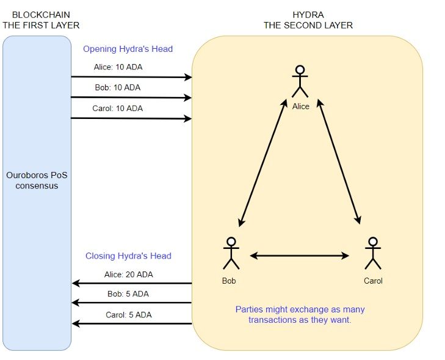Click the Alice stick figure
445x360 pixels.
point(300,81)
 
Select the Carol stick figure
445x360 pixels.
point(373,253)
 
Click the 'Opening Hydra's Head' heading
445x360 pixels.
point(128,49)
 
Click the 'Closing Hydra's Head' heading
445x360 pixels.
point(128,256)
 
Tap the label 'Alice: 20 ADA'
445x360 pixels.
point(129,275)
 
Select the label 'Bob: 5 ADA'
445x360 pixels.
point(129,294)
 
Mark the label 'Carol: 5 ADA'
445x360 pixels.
point(129,315)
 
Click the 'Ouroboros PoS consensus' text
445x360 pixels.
point(37,180)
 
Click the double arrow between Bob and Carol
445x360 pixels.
point(299,256)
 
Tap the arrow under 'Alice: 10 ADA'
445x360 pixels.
point(131,77)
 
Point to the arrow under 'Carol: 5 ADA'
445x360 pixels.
point(131,323)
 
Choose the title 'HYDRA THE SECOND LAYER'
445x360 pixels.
point(308,20)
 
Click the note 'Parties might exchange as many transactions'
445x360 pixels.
point(300,315)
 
